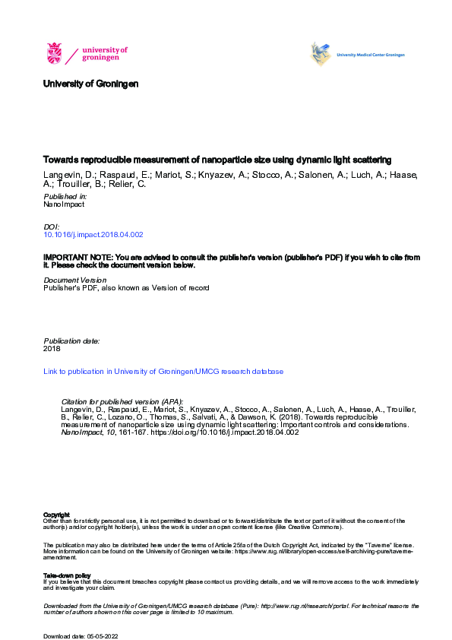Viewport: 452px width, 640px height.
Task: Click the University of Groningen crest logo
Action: coord(55,54)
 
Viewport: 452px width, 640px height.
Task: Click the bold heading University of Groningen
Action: coord(91,84)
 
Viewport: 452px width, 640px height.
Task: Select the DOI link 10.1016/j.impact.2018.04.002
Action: coord(93,235)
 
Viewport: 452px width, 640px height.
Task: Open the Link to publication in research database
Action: coord(163,372)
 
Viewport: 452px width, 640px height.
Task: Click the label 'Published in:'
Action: coord(63,196)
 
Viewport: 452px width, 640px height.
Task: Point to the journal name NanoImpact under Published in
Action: coord(64,204)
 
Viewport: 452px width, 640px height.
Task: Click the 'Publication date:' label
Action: coord(71,341)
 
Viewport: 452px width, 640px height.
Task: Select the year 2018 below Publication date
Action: coord(52,350)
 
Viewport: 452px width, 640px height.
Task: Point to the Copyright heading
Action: coord(57,515)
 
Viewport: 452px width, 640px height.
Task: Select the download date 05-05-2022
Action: coord(101,635)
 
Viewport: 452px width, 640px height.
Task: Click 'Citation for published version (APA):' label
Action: coord(122,401)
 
